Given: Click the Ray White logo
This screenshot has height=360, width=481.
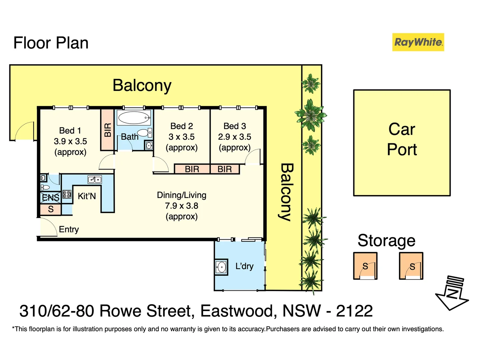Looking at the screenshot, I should (418, 42).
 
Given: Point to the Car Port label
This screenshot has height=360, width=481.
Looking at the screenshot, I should (402, 139).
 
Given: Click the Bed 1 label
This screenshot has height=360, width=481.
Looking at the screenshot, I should (70, 131).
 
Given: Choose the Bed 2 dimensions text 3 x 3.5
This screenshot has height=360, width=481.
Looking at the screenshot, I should (182, 137).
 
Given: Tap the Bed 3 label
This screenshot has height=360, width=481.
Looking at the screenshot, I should (235, 126).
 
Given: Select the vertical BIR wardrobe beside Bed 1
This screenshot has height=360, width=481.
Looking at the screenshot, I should (108, 130).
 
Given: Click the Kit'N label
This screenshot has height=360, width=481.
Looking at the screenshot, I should (87, 196).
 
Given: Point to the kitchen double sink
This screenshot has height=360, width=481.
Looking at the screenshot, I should (95, 180).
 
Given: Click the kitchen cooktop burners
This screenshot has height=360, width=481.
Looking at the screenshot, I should (67, 194).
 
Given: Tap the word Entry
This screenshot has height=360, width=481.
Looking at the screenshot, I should (69, 229).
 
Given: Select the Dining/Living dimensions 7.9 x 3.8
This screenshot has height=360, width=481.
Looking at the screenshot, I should (182, 206).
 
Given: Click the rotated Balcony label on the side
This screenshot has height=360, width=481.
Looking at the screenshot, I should (286, 192).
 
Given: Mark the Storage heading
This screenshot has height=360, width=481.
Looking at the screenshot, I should (386, 241).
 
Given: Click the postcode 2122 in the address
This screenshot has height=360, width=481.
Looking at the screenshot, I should (354, 311).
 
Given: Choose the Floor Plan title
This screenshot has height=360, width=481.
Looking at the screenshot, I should (51, 43).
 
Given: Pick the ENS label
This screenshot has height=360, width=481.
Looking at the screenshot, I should (51, 198).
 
